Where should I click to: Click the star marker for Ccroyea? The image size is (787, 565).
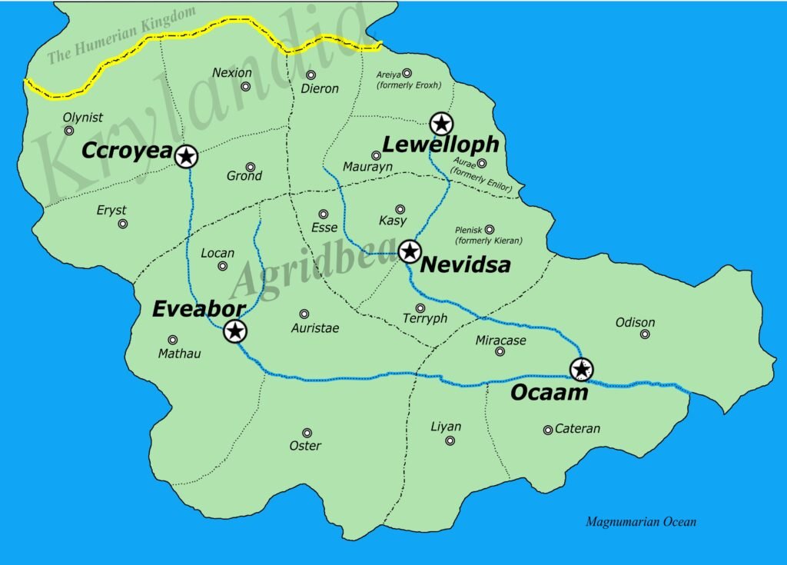[x=186, y=157]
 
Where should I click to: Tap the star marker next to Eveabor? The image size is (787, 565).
[x=235, y=332]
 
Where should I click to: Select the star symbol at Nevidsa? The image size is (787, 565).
[x=410, y=251]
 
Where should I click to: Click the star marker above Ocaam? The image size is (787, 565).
[x=582, y=369]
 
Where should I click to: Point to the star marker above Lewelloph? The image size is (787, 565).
[x=441, y=123]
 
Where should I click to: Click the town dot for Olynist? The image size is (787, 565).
[x=69, y=131]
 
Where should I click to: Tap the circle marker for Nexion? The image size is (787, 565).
[x=246, y=86]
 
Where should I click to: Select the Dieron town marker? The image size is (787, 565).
[x=311, y=75]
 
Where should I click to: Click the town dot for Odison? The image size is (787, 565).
[x=645, y=334]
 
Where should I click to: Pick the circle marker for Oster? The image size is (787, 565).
[x=307, y=433]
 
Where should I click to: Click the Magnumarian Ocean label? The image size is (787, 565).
[x=641, y=522]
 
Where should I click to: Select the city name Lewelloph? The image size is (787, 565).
[x=440, y=145]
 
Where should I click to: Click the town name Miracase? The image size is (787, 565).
[x=500, y=340]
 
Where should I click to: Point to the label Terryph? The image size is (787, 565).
[x=425, y=319]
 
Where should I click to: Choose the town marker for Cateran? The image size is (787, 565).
[x=547, y=430]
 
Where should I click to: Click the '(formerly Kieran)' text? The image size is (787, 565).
[x=489, y=241]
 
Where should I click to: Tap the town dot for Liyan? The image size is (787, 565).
[x=450, y=440]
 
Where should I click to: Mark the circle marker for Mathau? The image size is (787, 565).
[x=173, y=340]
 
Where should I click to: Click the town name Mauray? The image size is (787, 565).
[x=367, y=166]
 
